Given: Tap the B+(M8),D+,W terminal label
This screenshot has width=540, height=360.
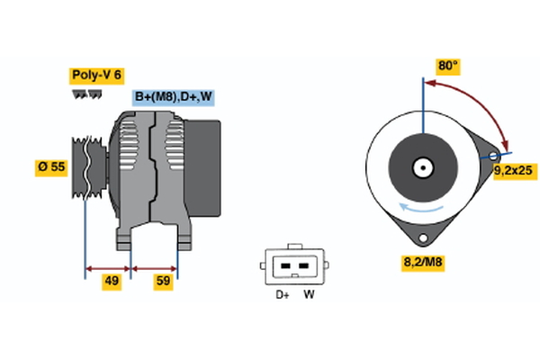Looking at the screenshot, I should pyautogui.click(x=175, y=97).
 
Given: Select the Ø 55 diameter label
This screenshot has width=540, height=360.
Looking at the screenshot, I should pyautogui.click(x=52, y=168).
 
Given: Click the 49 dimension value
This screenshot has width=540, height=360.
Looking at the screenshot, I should pyautogui.click(x=112, y=282).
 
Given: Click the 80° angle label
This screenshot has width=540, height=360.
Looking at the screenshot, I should pyautogui.click(x=447, y=66).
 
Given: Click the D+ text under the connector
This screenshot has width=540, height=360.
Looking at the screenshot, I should pyautogui.click(x=282, y=294).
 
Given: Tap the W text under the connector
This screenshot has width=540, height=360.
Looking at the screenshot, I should pyautogui.click(x=309, y=294).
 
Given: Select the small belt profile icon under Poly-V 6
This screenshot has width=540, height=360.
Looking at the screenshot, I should pyautogui.click(x=85, y=94).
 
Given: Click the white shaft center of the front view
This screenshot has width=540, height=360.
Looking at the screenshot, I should pyautogui.click(x=421, y=167).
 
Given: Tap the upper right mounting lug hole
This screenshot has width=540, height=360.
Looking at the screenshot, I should pyautogui.click(x=493, y=157).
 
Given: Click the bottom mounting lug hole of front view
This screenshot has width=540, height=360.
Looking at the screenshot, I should pyautogui.click(x=422, y=237).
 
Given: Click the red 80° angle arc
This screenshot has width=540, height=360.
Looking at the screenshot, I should pyautogui.click(x=477, y=99).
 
